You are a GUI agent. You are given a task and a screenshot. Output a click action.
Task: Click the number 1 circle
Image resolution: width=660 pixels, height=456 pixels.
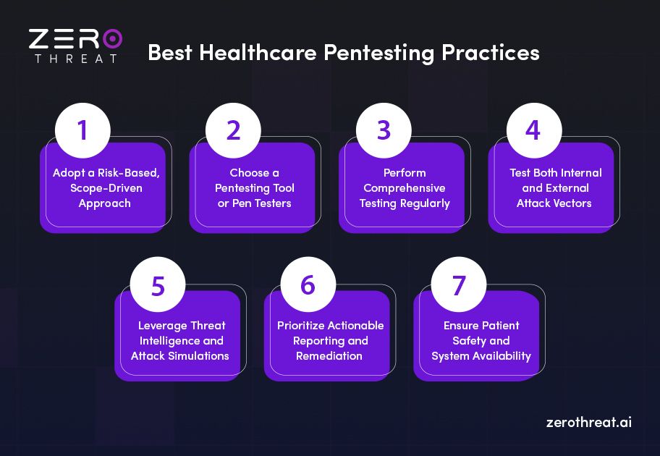(82, 131)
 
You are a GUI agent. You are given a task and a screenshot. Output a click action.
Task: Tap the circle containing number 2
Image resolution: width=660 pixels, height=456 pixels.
(233, 131)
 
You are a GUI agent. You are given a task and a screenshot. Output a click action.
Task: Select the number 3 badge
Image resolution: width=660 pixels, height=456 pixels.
(384, 131)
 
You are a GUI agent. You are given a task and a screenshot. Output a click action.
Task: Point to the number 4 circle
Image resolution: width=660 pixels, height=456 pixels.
(533, 131)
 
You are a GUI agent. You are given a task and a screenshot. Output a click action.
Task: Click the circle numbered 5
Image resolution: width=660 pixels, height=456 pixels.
(158, 284)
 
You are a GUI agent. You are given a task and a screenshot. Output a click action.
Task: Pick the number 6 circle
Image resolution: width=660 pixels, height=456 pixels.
(308, 284)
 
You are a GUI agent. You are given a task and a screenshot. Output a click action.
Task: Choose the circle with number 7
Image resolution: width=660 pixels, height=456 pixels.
(459, 284)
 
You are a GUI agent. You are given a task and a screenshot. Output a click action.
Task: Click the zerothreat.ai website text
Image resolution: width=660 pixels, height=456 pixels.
(588, 422)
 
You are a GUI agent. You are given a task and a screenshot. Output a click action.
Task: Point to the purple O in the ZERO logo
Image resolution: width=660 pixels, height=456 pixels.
(111, 39)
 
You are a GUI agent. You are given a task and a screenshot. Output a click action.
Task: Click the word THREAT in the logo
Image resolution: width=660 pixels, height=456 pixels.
(75, 59)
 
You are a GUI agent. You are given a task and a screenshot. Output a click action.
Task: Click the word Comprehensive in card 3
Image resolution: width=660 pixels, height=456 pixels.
(405, 188)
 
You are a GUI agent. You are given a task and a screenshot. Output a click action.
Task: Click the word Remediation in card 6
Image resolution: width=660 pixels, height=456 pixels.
(329, 355)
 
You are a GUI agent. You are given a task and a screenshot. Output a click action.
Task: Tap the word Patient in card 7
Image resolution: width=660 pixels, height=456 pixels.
(499, 326)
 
